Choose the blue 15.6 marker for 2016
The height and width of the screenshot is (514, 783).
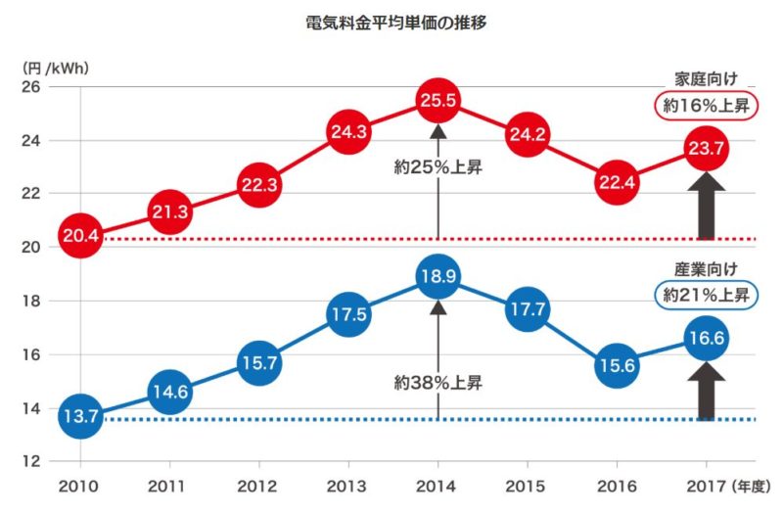pyautogui.click(x=616, y=365)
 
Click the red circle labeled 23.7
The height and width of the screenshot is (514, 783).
pyautogui.click(x=706, y=149)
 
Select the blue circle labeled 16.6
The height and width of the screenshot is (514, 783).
pyautogui.click(x=706, y=338)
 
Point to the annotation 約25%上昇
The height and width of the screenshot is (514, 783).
pyautogui.click(x=438, y=166)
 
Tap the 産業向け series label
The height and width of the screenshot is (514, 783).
pyautogui.click(x=705, y=267)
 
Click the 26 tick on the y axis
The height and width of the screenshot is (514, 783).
pyautogui.click(x=31, y=86)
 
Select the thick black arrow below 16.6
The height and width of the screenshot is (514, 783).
pyautogui.click(x=706, y=392)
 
